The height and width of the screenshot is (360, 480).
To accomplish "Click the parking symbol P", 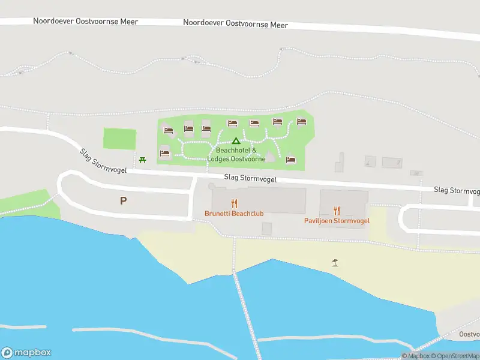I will (x=124, y=201).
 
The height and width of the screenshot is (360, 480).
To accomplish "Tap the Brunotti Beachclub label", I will (x=234, y=214).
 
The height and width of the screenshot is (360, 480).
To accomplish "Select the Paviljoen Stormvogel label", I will (x=337, y=220).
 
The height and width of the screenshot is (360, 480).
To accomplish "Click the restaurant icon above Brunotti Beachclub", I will (x=234, y=204).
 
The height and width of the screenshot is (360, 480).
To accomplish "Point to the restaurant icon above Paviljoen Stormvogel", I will (x=337, y=211).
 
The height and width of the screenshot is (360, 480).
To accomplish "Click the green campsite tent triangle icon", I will (x=236, y=140).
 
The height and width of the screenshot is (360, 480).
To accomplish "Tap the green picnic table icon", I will (x=142, y=160).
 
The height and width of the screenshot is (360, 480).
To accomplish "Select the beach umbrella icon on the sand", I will (x=335, y=262).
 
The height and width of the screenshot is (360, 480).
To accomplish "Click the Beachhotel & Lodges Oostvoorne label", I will (x=236, y=155).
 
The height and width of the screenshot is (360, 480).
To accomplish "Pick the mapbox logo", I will (x=26, y=353).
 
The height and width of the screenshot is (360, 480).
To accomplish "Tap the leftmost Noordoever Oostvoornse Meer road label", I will (x=86, y=22).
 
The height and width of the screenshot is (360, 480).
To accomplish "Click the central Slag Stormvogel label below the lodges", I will (x=250, y=178).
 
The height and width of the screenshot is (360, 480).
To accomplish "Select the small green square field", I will (x=119, y=139).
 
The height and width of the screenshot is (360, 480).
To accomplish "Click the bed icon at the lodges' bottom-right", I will (x=291, y=160).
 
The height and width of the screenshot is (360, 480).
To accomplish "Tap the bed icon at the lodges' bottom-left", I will (x=165, y=154).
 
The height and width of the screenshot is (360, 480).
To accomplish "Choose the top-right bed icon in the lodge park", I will (x=301, y=122).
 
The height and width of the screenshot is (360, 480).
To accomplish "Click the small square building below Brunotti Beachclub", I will (x=267, y=229).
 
